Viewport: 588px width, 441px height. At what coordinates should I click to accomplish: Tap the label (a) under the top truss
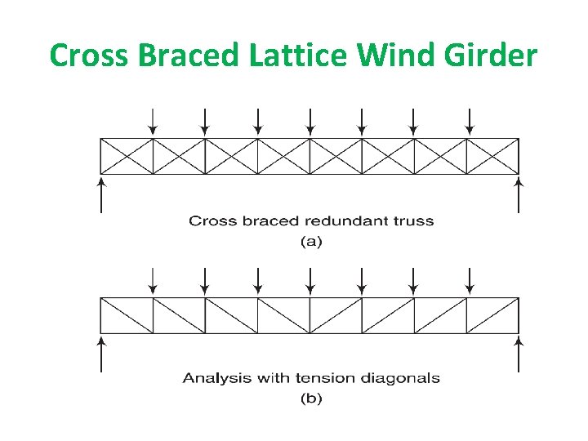311,242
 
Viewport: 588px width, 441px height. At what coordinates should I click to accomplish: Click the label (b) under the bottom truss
311,399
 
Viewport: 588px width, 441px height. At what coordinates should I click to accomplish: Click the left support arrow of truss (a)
100,194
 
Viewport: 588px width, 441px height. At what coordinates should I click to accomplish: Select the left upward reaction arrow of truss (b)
100,353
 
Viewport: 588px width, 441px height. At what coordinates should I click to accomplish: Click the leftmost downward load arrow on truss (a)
153,120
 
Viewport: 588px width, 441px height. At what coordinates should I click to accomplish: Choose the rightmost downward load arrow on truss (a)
469,120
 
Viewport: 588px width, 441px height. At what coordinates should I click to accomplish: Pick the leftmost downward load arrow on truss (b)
153,279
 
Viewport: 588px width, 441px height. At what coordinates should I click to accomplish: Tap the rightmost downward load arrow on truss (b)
469,279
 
